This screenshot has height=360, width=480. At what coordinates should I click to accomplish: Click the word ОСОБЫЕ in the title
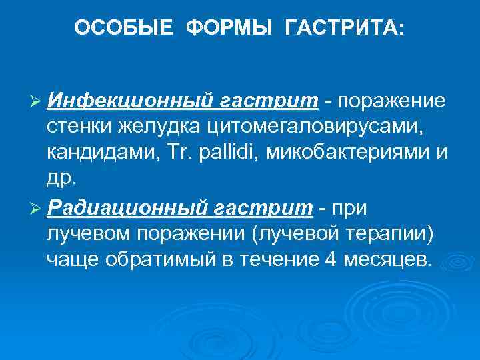point(123,28)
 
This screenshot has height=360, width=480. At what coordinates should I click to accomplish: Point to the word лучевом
point(85,234)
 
